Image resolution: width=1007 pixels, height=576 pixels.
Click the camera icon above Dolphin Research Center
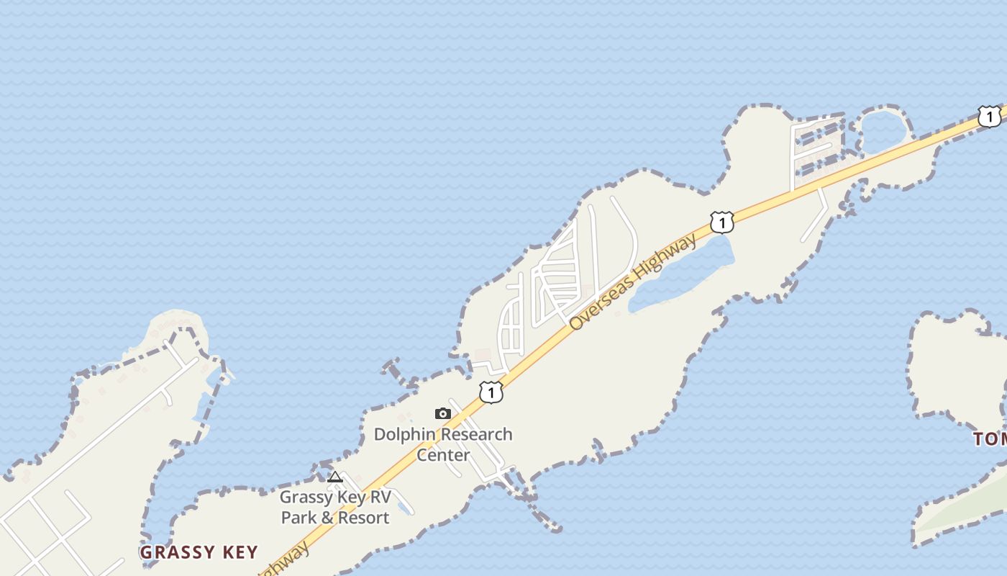coord(443,413)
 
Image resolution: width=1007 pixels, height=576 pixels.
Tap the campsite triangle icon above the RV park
coord(335,477)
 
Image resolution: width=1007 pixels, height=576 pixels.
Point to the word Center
coord(443,455)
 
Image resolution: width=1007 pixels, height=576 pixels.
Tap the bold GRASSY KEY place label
coord(199,552)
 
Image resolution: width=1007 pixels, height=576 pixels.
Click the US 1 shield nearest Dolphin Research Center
coord(491,392)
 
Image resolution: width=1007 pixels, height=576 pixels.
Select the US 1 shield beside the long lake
coord(721,222)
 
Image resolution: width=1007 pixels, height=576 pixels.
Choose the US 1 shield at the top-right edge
coord(990,116)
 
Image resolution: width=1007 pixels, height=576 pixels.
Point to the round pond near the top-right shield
coord(883,130)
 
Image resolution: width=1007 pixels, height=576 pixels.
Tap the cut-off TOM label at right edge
coord(990,438)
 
